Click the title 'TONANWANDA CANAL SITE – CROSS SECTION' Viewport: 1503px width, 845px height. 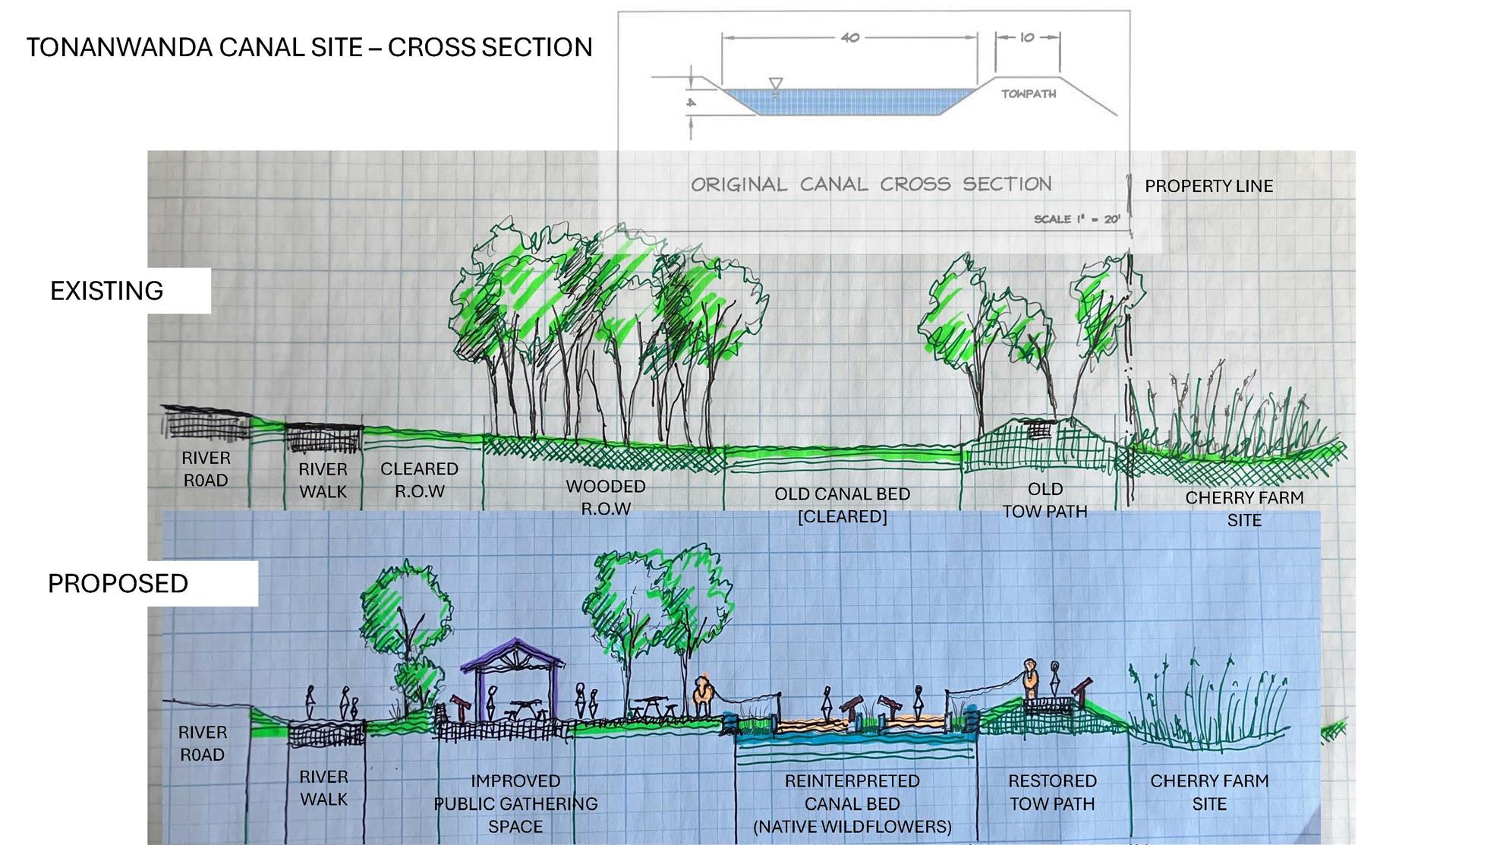[309, 47]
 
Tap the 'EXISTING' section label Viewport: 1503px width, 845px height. [106, 291]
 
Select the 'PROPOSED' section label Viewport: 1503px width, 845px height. [118, 583]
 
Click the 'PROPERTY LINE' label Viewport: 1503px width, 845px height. [1208, 186]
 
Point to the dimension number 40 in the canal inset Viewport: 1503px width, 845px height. [849, 37]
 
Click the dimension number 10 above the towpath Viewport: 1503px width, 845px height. [1027, 37]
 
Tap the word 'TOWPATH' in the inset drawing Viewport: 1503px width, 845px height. [1028, 94]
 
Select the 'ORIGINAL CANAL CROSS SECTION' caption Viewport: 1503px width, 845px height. [871, 184]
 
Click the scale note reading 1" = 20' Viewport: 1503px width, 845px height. [1076, 219]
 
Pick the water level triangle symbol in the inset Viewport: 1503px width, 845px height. [775, 84]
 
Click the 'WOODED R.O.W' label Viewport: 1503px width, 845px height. [605, 497]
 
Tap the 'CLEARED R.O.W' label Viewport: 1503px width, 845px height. [419, 480]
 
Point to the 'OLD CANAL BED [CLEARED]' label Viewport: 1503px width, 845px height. [842, 505]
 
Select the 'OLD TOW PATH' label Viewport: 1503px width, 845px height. [1045, 500]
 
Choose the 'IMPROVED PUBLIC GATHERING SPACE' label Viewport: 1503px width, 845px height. [515, 803]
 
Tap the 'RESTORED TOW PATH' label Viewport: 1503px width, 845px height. [1052, 792]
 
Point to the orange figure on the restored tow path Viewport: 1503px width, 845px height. [1029, 680]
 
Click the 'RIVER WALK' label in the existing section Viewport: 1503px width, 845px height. [323, 481]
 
